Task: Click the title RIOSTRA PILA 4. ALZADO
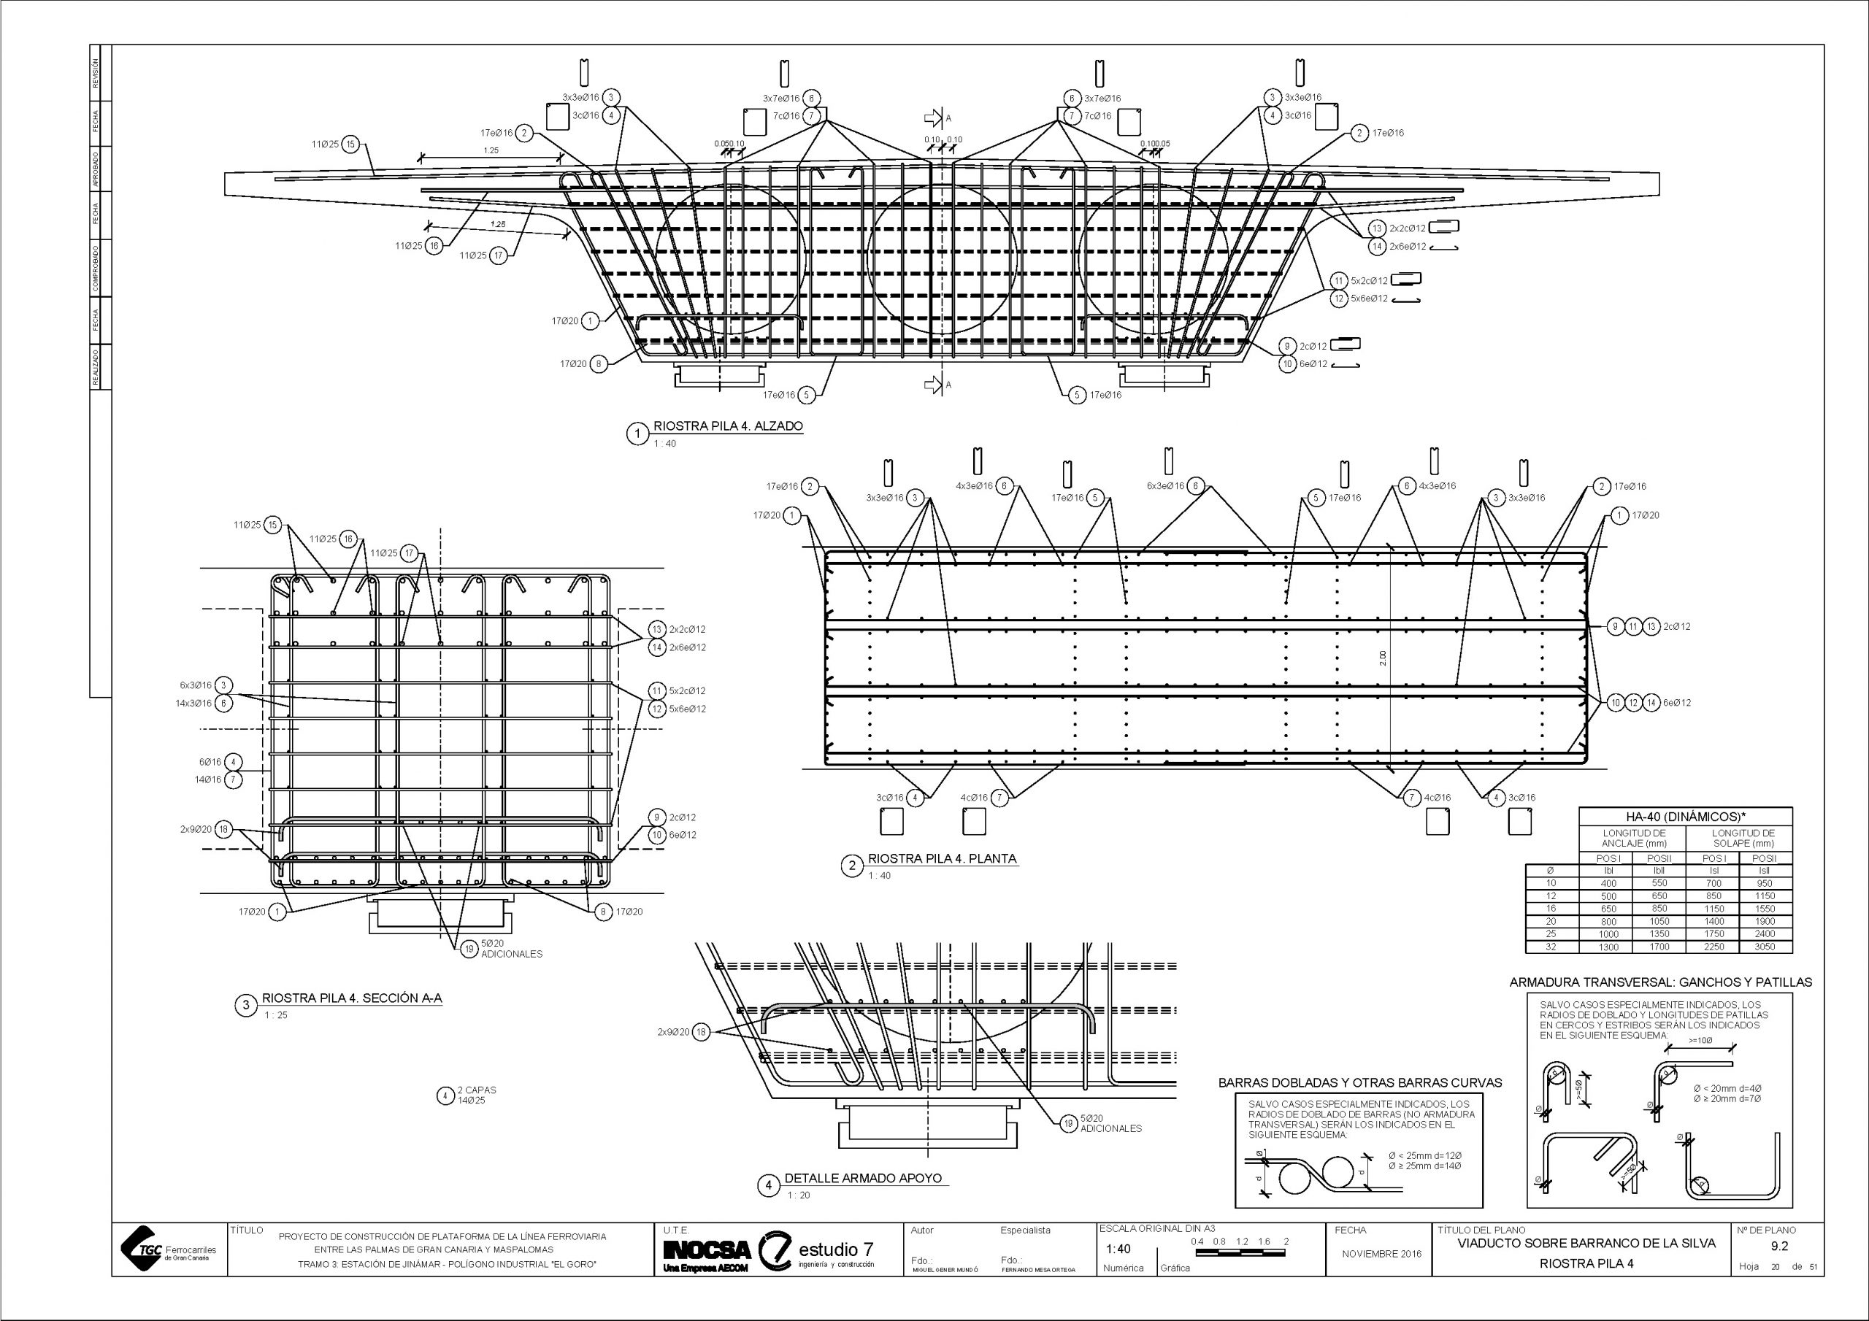click(728, 425)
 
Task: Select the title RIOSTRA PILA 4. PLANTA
click(942, 858)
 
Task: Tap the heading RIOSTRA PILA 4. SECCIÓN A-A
click(352, 998)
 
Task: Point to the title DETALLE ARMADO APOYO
click(863, 1178)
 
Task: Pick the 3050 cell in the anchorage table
click(1764, 947)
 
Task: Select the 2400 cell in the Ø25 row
click(1764, 933)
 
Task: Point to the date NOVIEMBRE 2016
click(1381, 1253)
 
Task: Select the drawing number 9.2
click(1778, 1246)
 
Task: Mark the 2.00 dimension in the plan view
click(1383, 658)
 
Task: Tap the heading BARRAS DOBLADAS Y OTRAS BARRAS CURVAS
click(1359, 1082)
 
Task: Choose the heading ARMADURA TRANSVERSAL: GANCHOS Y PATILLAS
click(1661, 982)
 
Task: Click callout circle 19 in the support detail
click(1070, 1124)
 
